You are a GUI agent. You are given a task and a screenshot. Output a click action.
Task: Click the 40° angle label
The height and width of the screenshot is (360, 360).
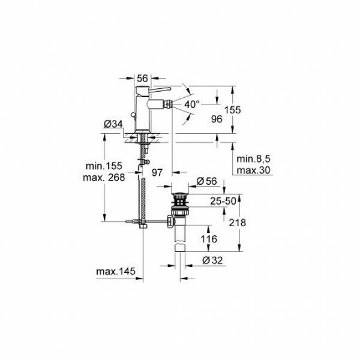(x=192, y=104)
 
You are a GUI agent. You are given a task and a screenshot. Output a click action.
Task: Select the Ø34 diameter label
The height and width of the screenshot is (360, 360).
(x=113, y=124)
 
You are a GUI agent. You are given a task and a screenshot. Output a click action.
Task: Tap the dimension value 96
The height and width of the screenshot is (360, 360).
(x=217, y=119)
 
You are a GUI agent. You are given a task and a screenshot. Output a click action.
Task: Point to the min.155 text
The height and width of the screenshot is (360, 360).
(x=104, y=166)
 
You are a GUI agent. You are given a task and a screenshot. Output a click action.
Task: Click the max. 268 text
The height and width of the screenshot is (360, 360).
(x=104, y=177)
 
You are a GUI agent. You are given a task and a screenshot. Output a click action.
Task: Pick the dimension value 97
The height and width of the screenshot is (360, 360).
(x=157, y=172)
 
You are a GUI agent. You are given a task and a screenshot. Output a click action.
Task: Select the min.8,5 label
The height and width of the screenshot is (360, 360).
(x=253, y=159)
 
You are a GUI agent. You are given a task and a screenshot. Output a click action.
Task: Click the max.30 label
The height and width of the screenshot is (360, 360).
(x=253, y=170)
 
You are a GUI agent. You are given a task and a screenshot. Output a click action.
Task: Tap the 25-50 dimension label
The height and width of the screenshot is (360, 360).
(x=223, y=202)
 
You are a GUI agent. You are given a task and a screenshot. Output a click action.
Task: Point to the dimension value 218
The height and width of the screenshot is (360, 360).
(x=238, y=223)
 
